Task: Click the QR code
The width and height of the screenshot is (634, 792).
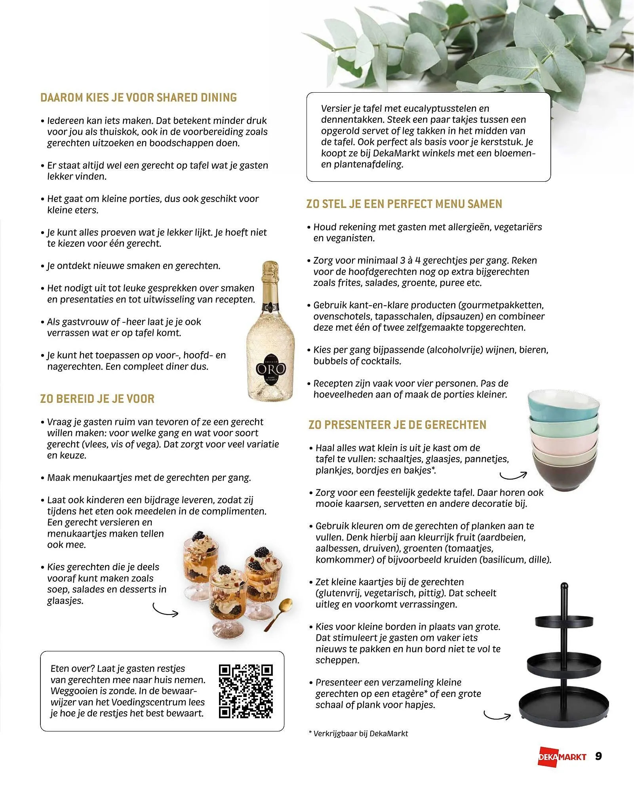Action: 246,691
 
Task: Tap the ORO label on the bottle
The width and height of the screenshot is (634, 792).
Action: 270,369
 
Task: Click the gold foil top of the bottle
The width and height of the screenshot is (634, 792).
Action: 271,277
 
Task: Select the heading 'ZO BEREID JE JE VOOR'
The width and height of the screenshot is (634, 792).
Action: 97,399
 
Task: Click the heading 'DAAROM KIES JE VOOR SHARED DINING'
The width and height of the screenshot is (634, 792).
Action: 139,98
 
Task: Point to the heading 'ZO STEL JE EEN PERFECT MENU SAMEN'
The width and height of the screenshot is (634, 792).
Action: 404,204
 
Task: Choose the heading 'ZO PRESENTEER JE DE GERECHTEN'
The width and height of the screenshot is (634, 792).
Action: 397,425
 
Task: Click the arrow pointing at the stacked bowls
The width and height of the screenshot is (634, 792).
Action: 514,475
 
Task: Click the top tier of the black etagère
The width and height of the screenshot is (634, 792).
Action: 563,619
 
